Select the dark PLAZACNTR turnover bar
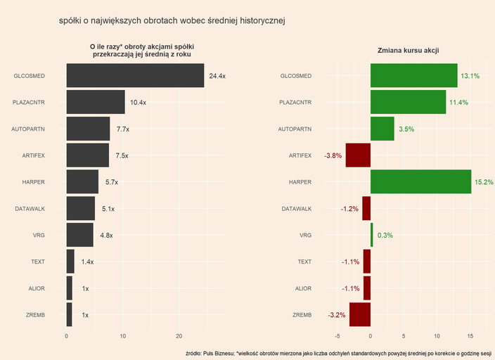[x=96, y=102]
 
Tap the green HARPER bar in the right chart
[x=420, y=182]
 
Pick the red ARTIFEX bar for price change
[x=358, y=155]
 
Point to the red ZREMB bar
[x=360, y=315]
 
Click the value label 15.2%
[x=484, y=182]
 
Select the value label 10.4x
[x=138, y=103]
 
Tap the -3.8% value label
[x=333, y=155]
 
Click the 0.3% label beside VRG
[x=385, y=236]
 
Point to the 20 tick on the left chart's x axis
[x=179, y=336]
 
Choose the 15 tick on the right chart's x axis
[x=470, y=336]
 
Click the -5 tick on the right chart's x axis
[x=338, y=336]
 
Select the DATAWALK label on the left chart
[x=30, y=209]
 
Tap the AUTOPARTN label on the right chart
[x=295, y=129]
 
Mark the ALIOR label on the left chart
[x=37, y=288]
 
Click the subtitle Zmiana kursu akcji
[x=409, y=51]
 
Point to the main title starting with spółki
[x=172, y=21]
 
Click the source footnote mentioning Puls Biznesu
[x=338, y=352]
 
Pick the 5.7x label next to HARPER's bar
[x=112, y=182]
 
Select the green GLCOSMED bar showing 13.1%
[x=413, y=75]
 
